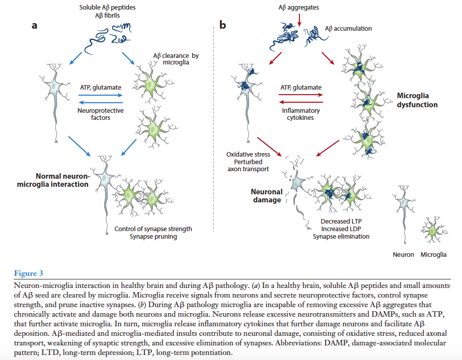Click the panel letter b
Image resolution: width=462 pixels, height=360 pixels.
222,25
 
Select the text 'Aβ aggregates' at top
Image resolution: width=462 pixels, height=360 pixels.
299,8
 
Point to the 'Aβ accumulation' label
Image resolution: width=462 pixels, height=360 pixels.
349,29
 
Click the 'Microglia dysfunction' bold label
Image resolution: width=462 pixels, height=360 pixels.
417,100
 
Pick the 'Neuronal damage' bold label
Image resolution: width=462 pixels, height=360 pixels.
267,196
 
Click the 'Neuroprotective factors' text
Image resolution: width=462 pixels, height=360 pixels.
101,114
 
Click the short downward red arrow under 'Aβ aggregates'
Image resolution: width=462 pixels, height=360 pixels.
299,20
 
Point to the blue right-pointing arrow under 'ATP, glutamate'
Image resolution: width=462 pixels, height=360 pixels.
101,95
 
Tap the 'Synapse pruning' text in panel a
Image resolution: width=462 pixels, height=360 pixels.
153,237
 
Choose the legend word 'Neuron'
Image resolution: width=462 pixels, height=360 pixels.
403,254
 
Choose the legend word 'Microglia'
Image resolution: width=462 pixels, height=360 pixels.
433,254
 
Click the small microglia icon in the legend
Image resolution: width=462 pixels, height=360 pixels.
432,229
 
